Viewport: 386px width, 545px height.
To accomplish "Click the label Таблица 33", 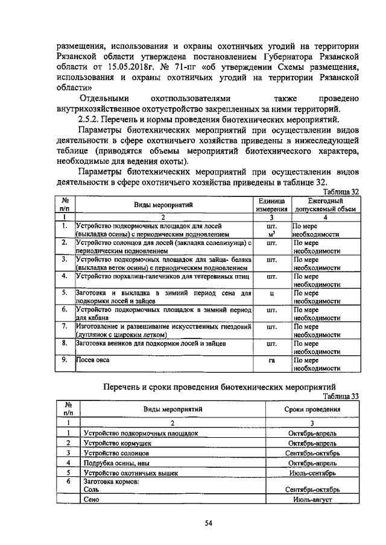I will [x=340, y=396].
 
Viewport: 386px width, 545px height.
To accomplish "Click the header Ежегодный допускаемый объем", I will [x=325, y=205].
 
